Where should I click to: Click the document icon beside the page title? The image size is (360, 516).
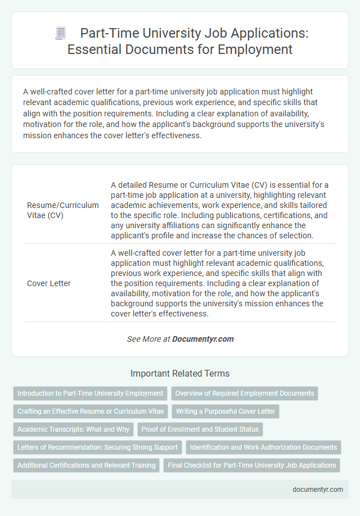pos(61,33)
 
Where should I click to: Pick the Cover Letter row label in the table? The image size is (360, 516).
pos(49,283)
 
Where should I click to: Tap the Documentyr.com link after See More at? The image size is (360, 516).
pos(202,339)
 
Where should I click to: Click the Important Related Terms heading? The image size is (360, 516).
pos(180,373)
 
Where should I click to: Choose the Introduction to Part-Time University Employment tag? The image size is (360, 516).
pos(91,393)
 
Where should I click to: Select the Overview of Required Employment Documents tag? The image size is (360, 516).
pos(245,393)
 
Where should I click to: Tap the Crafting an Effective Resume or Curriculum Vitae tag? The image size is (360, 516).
pos(91,411)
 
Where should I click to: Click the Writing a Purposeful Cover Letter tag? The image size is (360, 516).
pos(226,411)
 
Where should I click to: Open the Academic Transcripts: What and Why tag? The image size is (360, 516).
pos(73,429)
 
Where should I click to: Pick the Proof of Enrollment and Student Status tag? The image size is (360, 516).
pos(200,429)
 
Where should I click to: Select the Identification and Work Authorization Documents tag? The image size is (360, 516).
pos(263,447)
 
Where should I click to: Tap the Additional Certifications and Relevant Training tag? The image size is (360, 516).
pos(87,465)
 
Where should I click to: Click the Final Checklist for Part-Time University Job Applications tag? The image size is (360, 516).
pos(251,465)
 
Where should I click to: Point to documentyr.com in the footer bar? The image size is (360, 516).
pos(318,490)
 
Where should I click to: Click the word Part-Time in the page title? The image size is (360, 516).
pos(103,33)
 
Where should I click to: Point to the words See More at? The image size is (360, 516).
pos(148,339)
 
